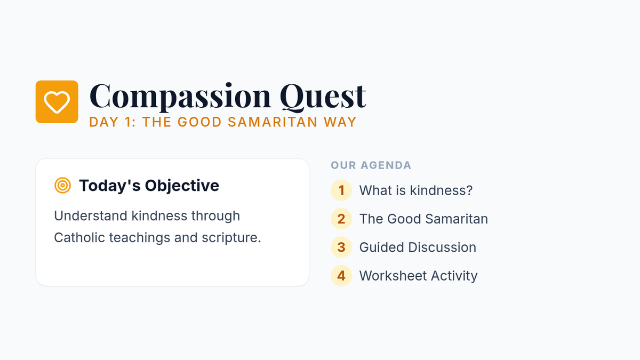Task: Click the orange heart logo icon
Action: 57,102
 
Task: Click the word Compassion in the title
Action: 180,97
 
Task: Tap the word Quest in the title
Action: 323,97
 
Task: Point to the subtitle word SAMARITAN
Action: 273,122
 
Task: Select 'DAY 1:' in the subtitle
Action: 113,122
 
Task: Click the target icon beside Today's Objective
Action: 62,186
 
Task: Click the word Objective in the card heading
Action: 182,186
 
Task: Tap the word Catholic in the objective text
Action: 79,237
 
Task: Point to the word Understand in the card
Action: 91,215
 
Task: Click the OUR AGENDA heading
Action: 371,165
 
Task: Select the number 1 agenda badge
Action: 341,190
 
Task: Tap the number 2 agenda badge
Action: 341,219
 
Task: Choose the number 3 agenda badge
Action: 341,247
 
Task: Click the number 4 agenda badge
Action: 341,275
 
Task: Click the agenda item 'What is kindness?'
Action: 416,190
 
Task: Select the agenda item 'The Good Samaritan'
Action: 423,219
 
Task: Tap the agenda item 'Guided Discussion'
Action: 418,247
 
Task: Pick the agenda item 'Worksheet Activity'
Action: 418,276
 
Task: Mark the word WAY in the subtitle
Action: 340,122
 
